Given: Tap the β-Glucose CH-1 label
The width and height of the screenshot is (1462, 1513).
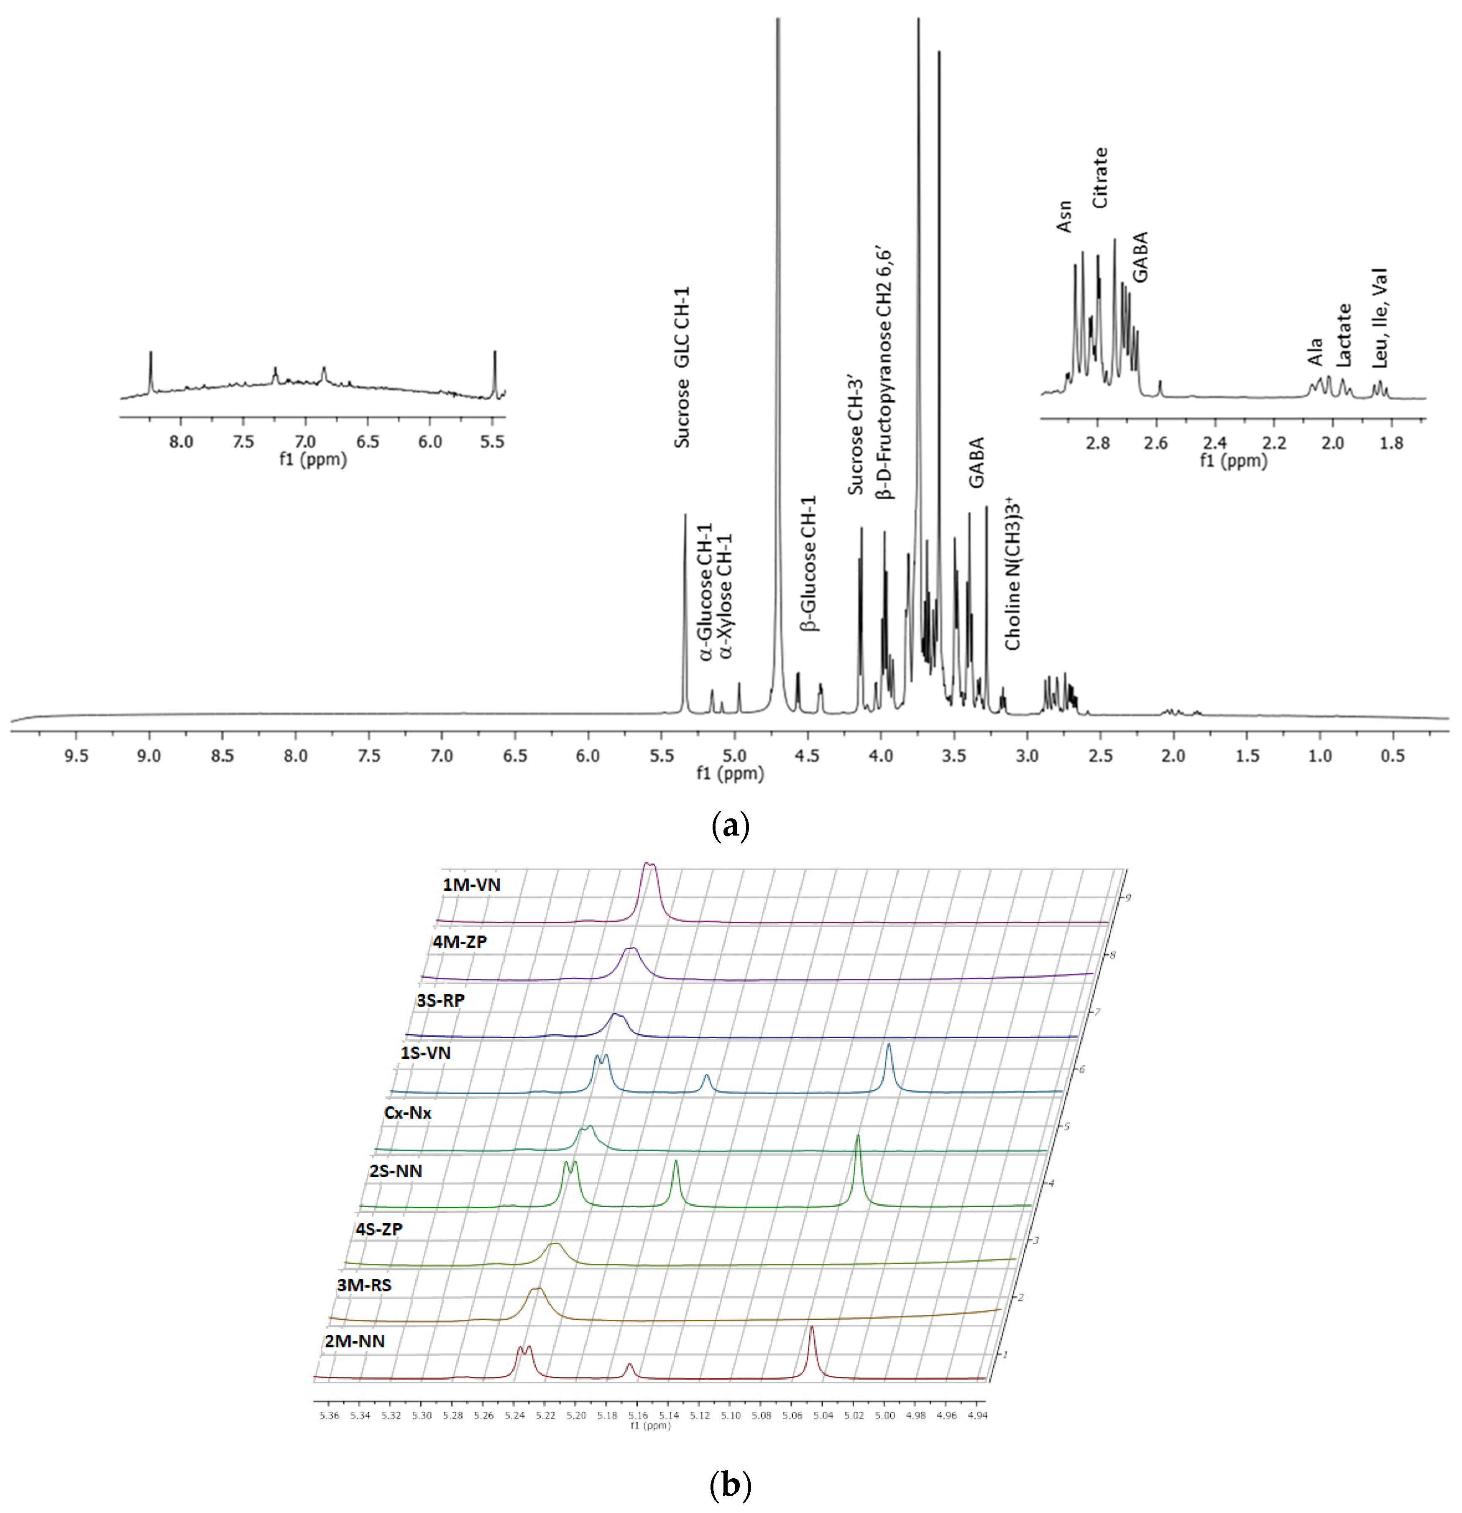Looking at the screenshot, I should coord(808,564).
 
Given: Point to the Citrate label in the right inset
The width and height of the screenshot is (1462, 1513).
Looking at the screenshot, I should coord(1100,178).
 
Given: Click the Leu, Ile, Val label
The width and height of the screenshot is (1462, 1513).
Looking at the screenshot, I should coord(1380,318).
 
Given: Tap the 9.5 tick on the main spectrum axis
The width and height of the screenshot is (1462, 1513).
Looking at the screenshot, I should coord(76,756).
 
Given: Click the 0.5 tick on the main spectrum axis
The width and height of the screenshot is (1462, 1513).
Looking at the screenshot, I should coord(1393,756).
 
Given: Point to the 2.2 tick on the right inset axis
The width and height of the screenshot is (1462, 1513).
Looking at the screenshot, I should coord(1274,444).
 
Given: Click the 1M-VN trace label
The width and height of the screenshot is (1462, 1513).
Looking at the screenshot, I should coord(471,884).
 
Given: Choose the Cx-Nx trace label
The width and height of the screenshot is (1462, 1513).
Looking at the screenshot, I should coord(408,1113).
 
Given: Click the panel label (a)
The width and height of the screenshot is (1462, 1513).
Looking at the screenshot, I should coord(729,826).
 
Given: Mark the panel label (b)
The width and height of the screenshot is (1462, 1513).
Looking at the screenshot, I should coord(729,1485).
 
